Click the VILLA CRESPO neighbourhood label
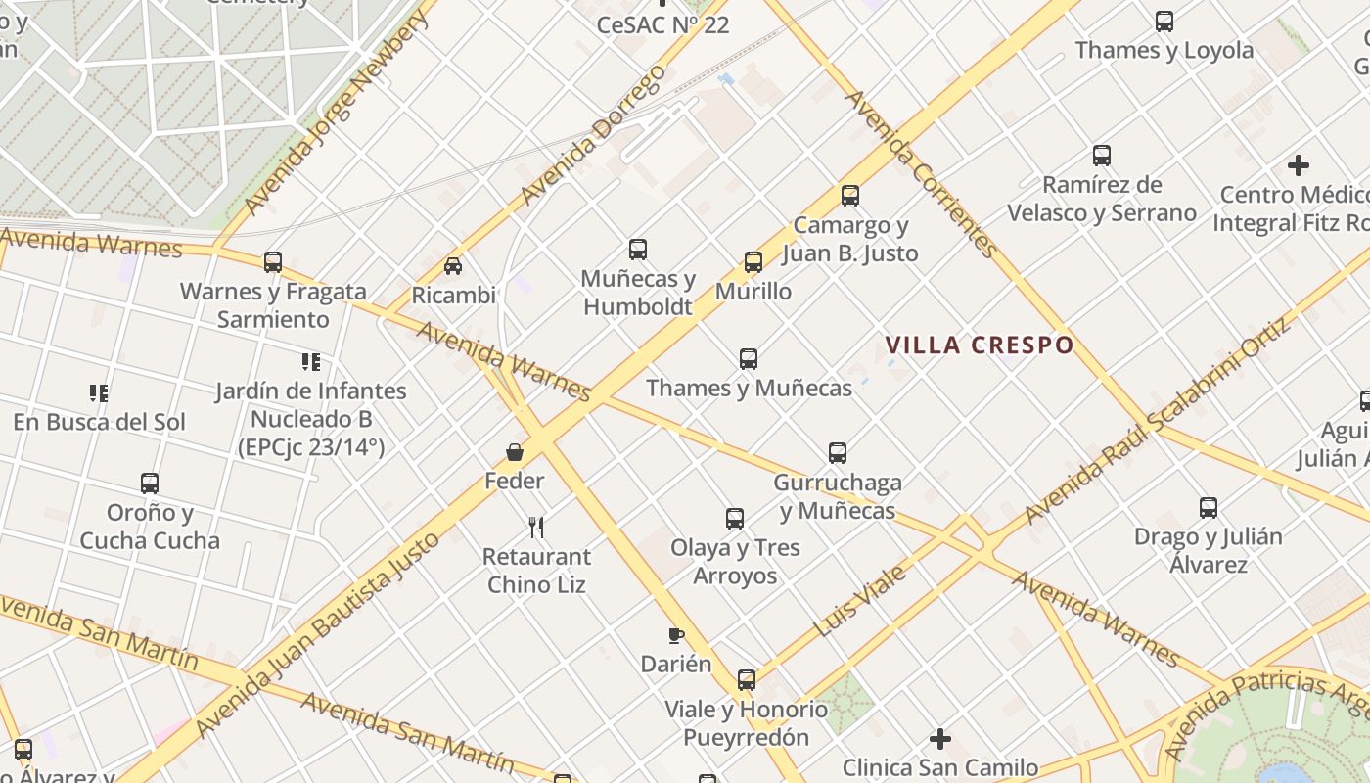pos(980,345)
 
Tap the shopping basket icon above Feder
pos(515,451)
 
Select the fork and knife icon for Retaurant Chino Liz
pos(536,528)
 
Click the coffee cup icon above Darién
pos(675,635)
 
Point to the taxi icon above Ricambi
pos(453,265)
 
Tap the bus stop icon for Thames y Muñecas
pos(749,358)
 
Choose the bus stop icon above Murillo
pos(753,262)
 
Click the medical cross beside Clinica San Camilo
pos(940,739)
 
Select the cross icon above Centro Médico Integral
pos(1299,165)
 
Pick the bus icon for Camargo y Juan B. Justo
pos(850,196)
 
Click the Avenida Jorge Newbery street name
pos(337,113)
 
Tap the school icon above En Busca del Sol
pos(99,393)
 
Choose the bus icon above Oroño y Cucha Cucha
pos(150,484)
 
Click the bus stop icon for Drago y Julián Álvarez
pos(1209,508)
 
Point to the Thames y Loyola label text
pos(1164,50)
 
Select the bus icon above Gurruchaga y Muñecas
pos(838,453)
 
